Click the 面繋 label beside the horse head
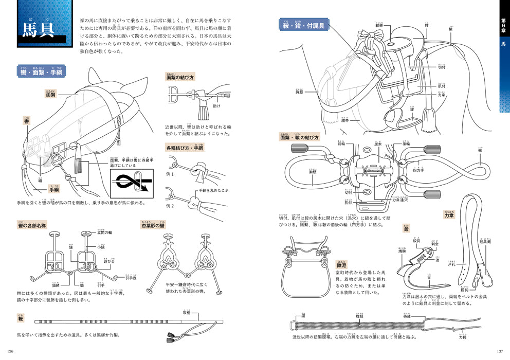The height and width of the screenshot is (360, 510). [50, 95]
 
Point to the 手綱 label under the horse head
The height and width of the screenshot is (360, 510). [54, 189]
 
